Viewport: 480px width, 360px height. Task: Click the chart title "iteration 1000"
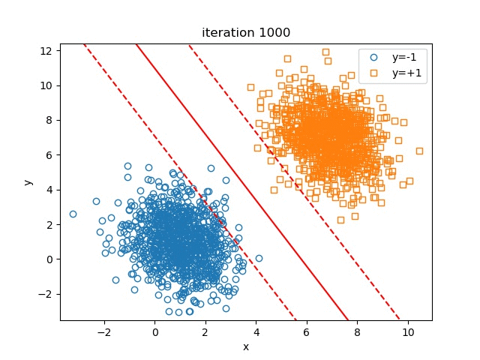coord(245,33)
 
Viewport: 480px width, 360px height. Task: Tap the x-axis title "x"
coord(245,346)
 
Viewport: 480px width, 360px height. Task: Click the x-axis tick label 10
coord(407,331)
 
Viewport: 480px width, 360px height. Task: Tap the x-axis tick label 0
coord(154,331)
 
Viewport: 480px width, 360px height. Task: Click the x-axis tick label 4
coord(256,331)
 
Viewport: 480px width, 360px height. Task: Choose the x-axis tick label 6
coord(306,331)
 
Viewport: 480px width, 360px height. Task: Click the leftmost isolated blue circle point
coord(73,214)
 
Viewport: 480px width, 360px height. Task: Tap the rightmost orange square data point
coord(419,151)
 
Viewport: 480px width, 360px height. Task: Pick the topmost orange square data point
coord(325,52)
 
